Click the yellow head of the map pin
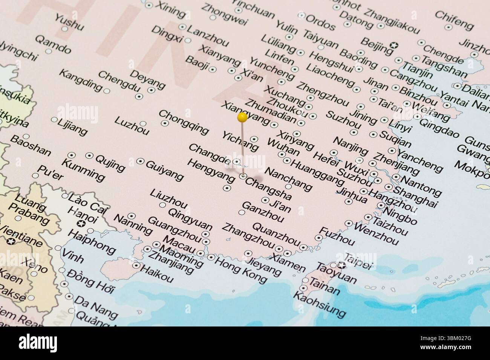click(x=242, y=118)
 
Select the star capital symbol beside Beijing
click(x=395, y=45)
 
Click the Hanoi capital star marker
click(x=81, y=224)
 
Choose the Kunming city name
click(x=83, y=170)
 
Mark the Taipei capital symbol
click(x=341, y=265)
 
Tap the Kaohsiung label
click(x=319, y=304)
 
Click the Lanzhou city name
click(x=208, y=36)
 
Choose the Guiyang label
click(x=164, y=170)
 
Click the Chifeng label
click(x=454, y=20)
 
